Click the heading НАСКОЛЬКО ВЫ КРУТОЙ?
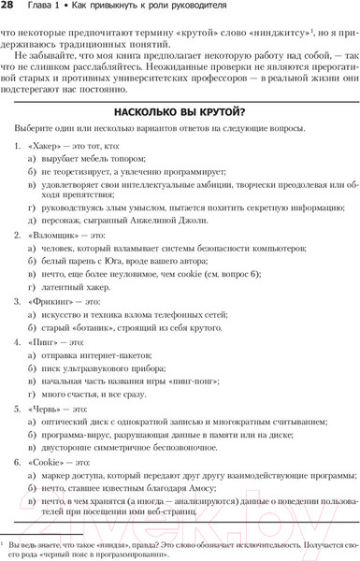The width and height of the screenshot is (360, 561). coord(180,109)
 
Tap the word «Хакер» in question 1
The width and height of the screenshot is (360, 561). coord(47,147)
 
